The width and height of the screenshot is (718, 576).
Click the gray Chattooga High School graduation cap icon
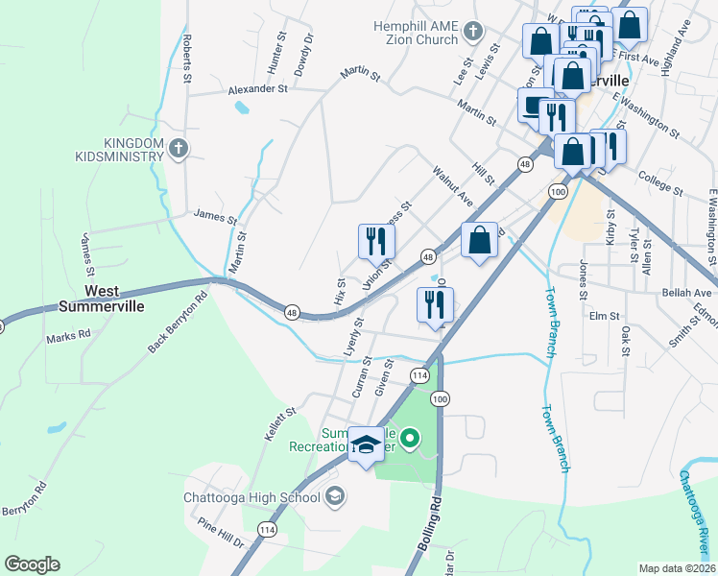(x=334, y=496)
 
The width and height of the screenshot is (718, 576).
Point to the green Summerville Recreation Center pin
(x=410, y=441)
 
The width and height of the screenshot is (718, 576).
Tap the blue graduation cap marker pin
(x=365, y=444)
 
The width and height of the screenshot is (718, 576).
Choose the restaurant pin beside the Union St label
(x=376, y=241)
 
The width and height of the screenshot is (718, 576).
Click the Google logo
(x=32, y=564)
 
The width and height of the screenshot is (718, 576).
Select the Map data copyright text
(x=677, y=568)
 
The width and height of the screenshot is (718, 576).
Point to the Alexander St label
(x=257, y=89)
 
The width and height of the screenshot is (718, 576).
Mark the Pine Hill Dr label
(x=221, y=533)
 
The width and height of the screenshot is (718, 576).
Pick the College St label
(x=658, y=183)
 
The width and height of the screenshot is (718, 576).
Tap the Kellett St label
(x=279, y=425)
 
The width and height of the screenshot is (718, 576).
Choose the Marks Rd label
(x=67, y=336)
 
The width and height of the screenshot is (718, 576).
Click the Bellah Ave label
(x=690, y=292)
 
